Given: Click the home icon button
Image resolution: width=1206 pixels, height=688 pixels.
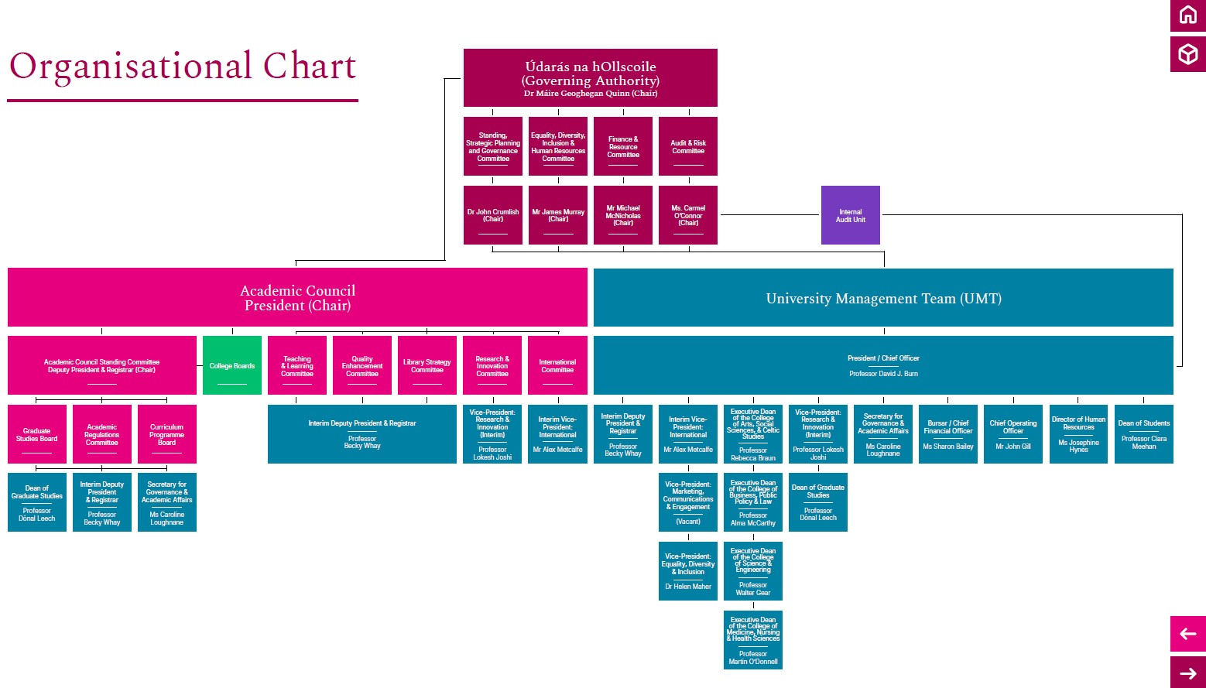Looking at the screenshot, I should (x=1187, y=15).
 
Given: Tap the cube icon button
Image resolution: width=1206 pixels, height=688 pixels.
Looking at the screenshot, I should (x=1187, y=54).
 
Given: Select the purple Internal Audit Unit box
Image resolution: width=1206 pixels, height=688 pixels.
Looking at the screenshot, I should (x=850, y=215).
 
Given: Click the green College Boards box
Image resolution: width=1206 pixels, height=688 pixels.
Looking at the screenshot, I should (x=231, y=365).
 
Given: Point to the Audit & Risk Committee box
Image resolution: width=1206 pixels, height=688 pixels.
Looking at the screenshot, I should (x=687, y=146).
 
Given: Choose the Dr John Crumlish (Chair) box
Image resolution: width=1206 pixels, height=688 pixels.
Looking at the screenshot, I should (x=492, y=215).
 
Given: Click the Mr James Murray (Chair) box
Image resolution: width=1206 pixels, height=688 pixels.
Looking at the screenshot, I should (x=557, y=215).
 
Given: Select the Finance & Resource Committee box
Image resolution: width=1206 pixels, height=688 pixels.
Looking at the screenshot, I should (x=622, y=146).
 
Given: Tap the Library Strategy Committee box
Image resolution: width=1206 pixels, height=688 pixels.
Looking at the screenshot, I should (x=427, y=365).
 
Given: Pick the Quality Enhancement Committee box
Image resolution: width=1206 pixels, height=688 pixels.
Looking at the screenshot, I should (x=361, y=365).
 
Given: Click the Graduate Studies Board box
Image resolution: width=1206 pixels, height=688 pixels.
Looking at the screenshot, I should (x=36, y=434).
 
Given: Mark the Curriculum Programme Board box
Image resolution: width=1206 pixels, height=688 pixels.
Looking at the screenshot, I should (x=166, y=434).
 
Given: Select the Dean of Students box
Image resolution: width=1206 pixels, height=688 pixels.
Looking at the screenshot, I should (x=1143, y=434).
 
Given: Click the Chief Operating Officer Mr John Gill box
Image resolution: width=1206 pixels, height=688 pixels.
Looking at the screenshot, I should (x=1012, y=434).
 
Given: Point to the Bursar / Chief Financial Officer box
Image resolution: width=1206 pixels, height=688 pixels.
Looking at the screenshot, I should (x=947, y=434).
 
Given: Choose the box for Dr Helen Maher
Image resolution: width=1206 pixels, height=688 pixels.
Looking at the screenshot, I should (x=687, y=571).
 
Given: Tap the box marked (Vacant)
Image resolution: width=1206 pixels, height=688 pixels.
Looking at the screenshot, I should (x=687, y=502).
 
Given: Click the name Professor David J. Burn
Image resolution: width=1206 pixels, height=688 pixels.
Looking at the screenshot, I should (x=883, y=374).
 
